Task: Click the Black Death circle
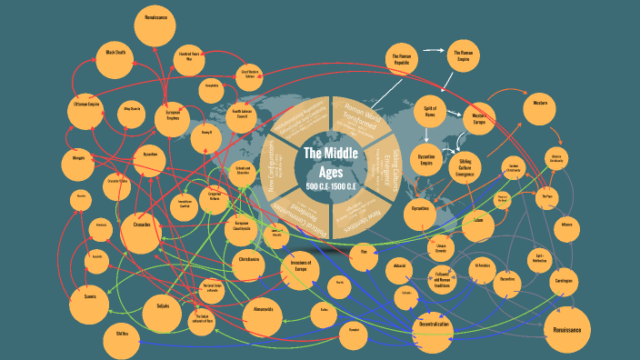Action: pyautogui.click(x=116, y=53)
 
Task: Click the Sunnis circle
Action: pyautogui.click(x=90, y=296)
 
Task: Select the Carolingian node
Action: pyautogui.click(x=565, y=282)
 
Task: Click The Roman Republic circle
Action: pyautogui.click(x=402, y=61)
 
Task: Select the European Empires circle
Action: pyautogui.click(x=173, y=116)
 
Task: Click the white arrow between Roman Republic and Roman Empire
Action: pyautogui.click(x=433, y=55)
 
